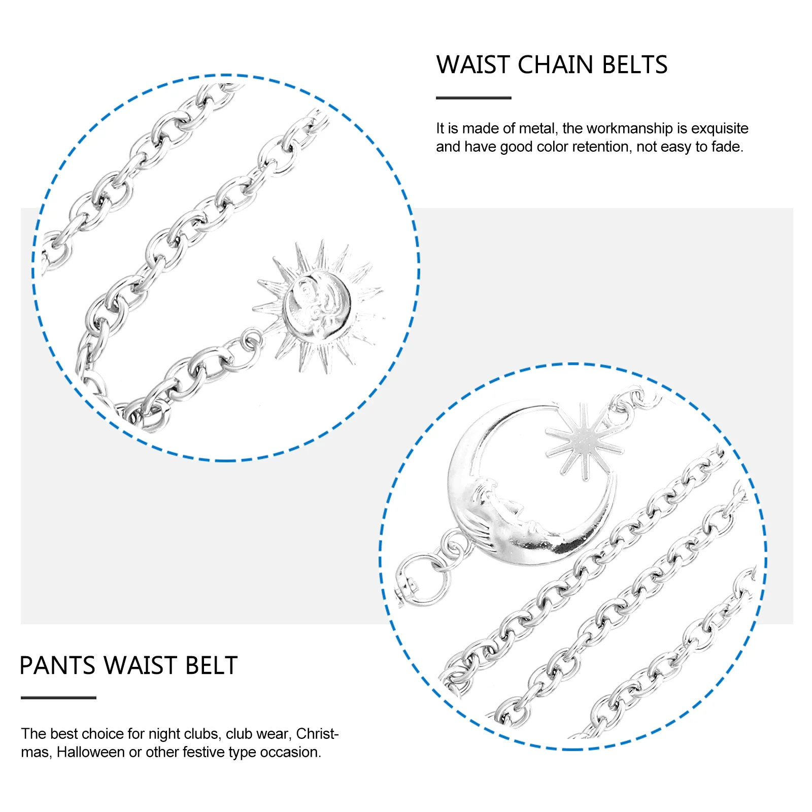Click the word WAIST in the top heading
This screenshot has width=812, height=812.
473,65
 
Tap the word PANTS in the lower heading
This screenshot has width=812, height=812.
57,665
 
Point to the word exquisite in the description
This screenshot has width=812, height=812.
720,128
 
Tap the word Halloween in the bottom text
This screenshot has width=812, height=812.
90,752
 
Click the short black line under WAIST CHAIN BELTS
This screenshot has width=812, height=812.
473,98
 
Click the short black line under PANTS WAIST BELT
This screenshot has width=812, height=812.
58,698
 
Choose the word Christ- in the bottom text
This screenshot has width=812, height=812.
317,734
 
